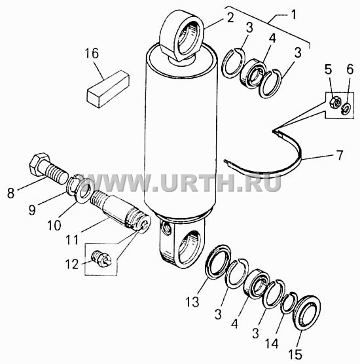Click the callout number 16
click(92, 54)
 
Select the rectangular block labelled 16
click(108, 89)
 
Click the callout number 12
click(72, 264)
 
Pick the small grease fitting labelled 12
click(101, 259)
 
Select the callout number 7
click(340, 155)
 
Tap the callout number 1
click(293, 14)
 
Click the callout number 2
click(230, 18)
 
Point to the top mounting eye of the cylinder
click(183, 35)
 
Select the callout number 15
click(295, 354)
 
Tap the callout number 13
click(192, 302)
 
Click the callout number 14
click(272, 344)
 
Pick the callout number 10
click(54, 225)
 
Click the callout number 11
click(72, 240)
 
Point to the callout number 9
click(32, 210)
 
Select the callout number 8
click(10, 193)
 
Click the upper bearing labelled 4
click(253, 73)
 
